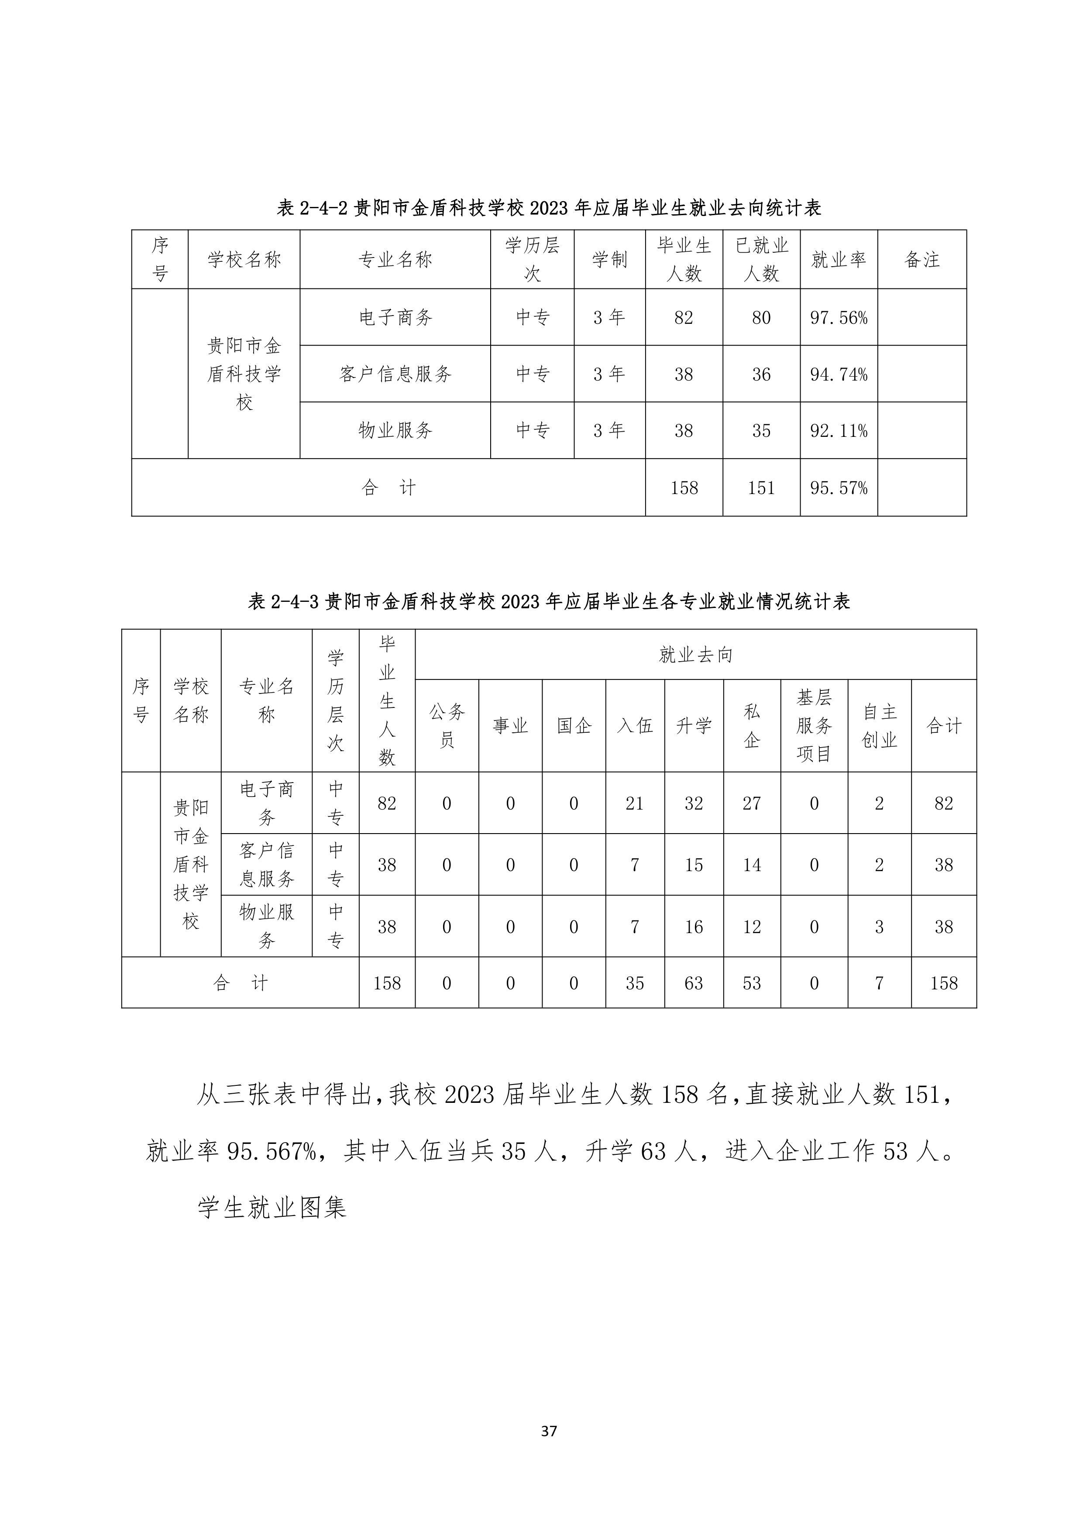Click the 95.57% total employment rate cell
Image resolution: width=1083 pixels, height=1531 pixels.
coord(838,488)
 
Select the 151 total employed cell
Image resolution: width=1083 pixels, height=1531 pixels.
coord(761,488)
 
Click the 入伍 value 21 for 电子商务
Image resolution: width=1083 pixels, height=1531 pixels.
coord(634,803)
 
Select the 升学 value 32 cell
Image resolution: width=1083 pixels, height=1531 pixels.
coord(694,803)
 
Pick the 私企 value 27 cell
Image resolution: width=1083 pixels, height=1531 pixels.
coord(752,803)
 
